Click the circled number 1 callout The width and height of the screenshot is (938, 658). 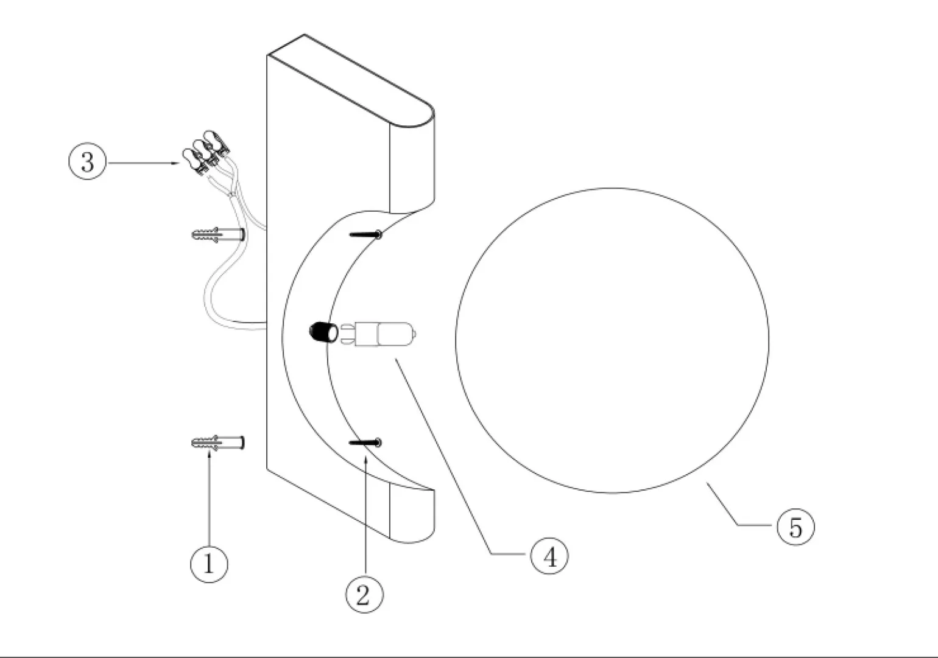point(209,564)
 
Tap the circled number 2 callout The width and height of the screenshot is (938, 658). point(364,594)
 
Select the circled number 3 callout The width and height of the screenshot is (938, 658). point(88,161)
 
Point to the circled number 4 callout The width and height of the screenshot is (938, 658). point(549,556)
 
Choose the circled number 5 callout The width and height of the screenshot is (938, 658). point(795,527)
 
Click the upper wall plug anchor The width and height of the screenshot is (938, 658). point(218,234)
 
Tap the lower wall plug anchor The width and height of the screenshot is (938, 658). point(218,443)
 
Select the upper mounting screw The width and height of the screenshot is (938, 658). point(365,235)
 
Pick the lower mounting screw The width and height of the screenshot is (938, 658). point(365,442)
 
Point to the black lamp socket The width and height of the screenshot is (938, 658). point(323,333)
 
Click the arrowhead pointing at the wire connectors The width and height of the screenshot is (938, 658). point(177,163)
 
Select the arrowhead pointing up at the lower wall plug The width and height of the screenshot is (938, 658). point(208,455)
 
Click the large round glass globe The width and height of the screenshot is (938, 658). point(612,340)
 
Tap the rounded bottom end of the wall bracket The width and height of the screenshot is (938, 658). point(412,516)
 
